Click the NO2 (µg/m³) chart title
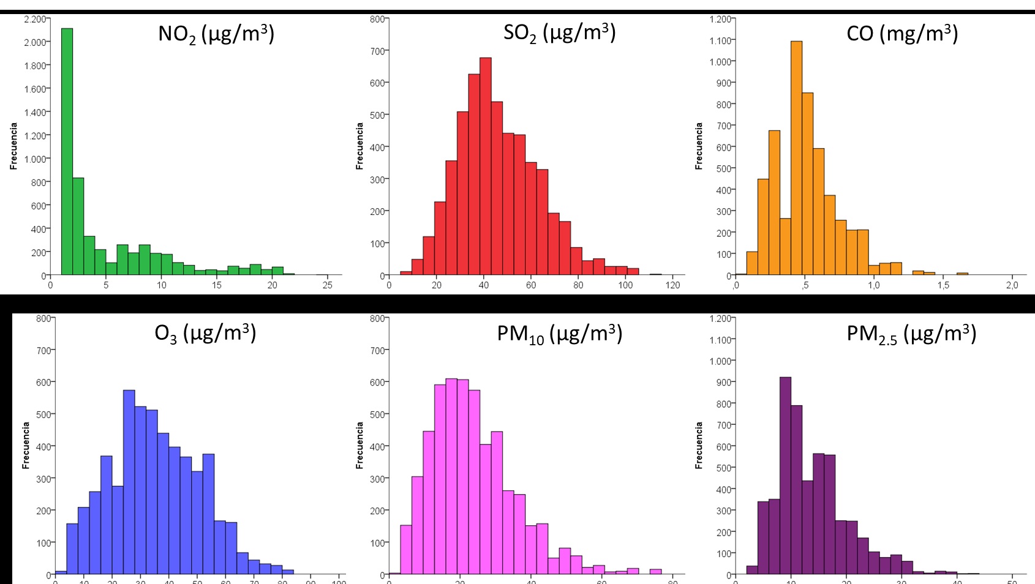[216, 34]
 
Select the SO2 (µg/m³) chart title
[559, 32]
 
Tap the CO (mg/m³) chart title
[901, 33]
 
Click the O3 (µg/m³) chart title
[205, 333]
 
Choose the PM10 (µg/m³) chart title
[559, 334]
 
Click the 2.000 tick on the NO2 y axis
[34, 42]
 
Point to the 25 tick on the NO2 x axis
[328, 285]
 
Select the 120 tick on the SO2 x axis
[672, 285]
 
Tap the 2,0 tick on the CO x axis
[1012, 285]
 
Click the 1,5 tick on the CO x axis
[943, 285]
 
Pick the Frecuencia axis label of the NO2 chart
[13, 146]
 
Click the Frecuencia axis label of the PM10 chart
[359, 446]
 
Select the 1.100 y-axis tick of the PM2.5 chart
[720, 340]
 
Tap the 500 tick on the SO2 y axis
[377, 115]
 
